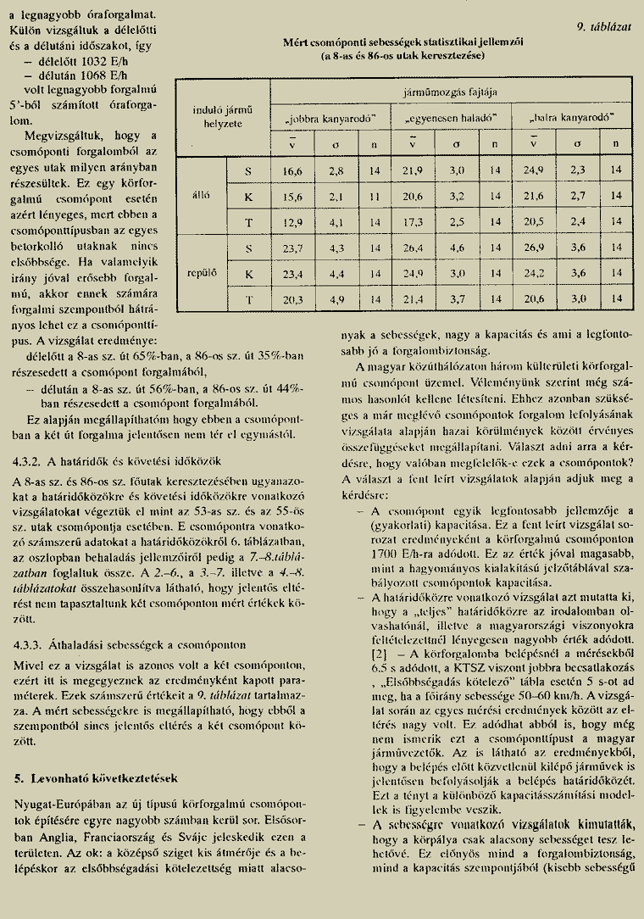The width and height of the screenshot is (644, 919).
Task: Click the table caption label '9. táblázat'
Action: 604,26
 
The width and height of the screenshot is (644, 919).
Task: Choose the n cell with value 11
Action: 374,196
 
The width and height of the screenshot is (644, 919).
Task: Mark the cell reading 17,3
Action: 413,221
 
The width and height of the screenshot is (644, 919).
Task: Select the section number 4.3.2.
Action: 31,461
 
